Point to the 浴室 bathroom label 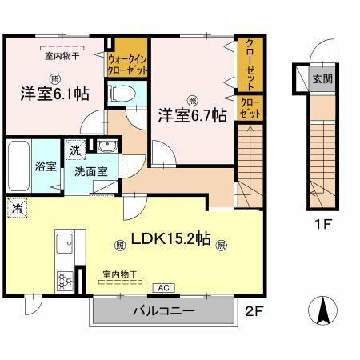[x=22, y=166]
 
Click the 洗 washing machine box [x=74, y=150]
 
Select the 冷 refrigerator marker [x=18, y=207]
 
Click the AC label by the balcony [x=161, y=287]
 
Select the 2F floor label [x=252, y=311]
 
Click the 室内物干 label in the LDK [x=118, y=274]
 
